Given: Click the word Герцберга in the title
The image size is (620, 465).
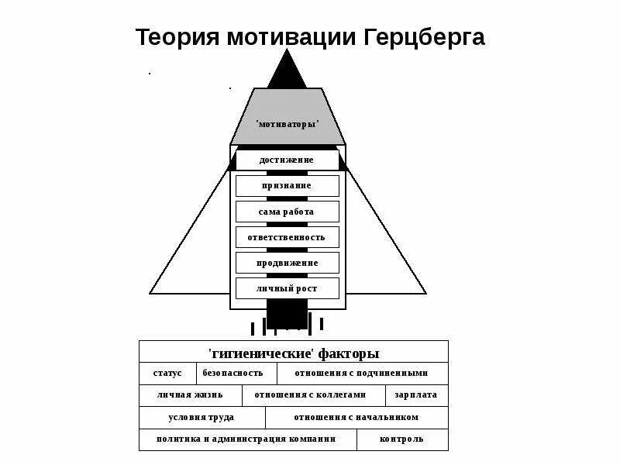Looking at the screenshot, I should tap(422, 38).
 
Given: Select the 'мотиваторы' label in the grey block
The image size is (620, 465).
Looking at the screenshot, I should tap(288, 124).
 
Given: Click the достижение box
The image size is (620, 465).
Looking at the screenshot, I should tap(287, 160).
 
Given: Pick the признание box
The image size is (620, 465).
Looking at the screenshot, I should tap(287, 186).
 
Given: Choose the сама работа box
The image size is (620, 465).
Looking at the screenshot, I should tap(287, 212).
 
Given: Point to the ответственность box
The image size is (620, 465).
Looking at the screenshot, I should tap(287, 237).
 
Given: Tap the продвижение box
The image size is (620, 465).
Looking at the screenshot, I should tap(287, 263).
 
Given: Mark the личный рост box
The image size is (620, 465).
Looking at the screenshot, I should tap(287, 289).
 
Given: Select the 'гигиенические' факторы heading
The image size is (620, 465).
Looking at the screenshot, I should tap(294, 353).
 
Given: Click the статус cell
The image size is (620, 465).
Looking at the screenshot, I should tap(167, 374).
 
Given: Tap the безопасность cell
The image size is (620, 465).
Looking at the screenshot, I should tap(232, 374).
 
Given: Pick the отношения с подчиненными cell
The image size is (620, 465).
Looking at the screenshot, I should tap(361, 374).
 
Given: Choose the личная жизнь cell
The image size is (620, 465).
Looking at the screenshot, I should tap(189, 395).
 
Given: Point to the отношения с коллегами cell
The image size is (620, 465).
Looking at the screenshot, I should tap(315, 395).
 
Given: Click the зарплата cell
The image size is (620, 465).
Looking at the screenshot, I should tap(416, 395).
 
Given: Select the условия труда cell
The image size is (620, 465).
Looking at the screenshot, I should tap(201, 417).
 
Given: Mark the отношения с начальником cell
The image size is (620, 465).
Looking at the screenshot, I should tap(356, 417).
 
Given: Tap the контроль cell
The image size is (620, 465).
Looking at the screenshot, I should tap(402, 439).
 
